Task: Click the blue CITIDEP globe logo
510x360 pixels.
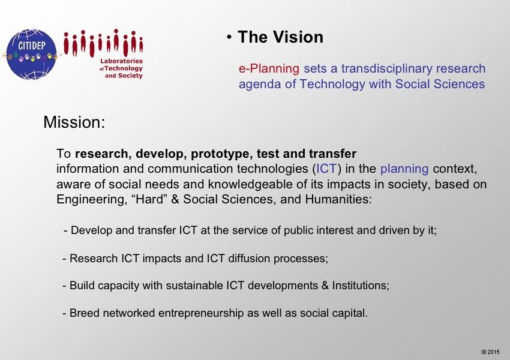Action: tap(31, 55)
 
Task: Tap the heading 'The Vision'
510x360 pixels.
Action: tap(280, 37)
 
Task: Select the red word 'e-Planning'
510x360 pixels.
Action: tap(269, 68)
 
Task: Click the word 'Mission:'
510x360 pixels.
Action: tap(74, 122)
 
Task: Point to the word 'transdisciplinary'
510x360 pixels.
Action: tap(386, 68)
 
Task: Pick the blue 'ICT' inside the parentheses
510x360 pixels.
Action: tap(326, 169)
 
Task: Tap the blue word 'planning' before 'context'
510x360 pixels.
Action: tap(404, 169)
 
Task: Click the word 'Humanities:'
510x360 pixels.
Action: tap(338, 199)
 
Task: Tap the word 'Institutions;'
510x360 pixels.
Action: tap(361, 285)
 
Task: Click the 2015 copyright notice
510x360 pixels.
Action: tap(490, 352)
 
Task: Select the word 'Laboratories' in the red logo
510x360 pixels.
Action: tap(121, 61)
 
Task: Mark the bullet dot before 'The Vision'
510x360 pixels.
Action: tap(229, 37)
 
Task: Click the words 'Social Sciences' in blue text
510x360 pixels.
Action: tap(440, 84)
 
